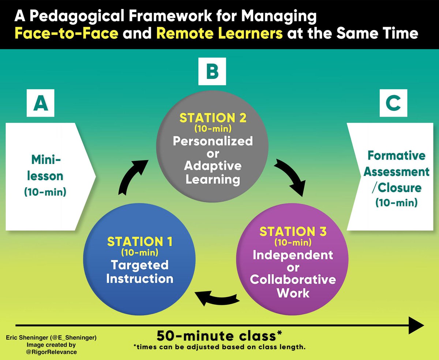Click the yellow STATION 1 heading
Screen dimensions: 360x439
(x=140, y=242)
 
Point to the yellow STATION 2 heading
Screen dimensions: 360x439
(x=213, y=119)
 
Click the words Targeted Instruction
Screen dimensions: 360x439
(x=140, y=271)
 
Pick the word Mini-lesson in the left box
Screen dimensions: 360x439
(x=46, y=168)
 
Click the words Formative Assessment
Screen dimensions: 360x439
(x=396, y=163)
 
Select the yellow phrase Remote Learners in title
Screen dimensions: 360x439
(x=219, y=34)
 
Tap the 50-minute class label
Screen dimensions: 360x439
(x=219, y=336)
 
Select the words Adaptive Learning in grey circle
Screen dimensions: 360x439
(x=213, y=172)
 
